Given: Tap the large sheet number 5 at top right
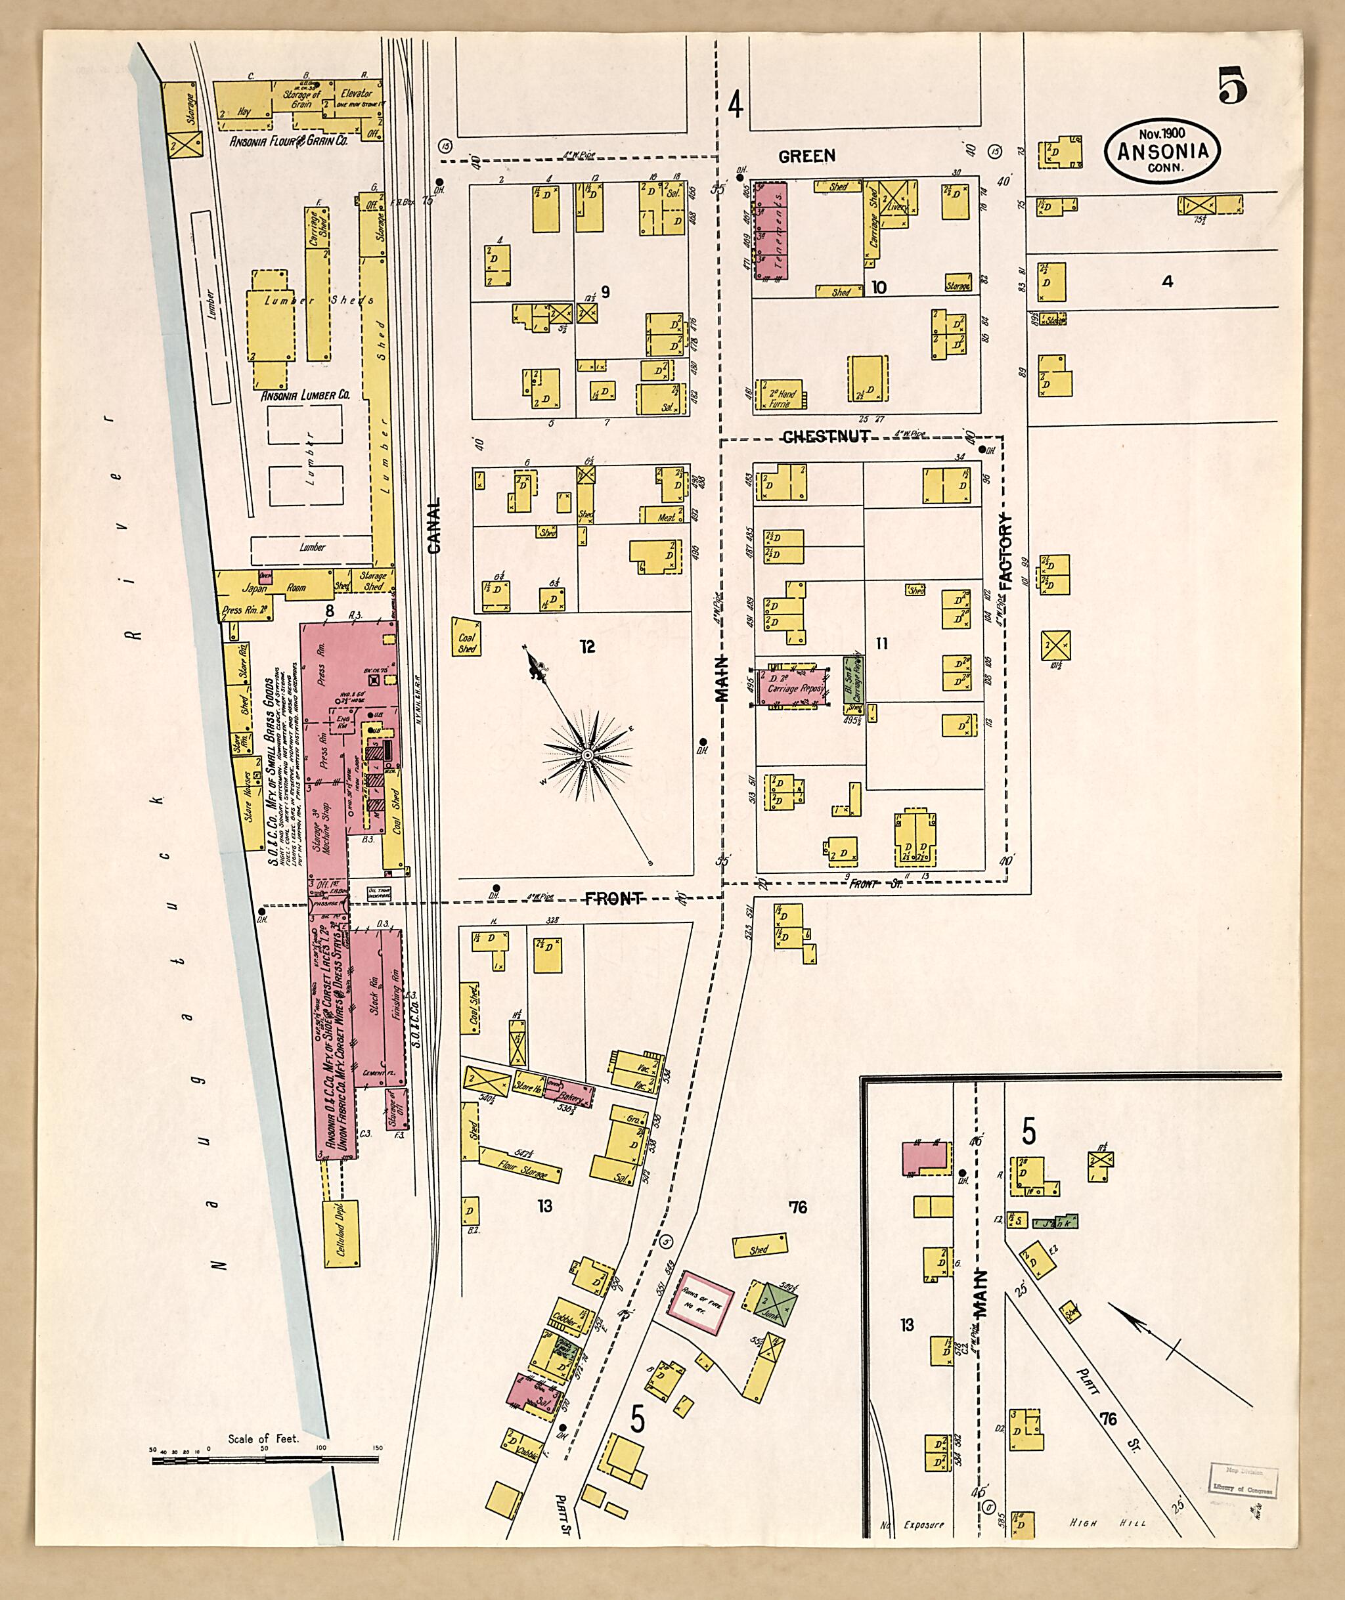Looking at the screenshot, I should tap(1232, 85).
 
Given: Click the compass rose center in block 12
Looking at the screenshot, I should tap(587, 754).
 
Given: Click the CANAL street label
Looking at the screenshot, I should tap(435, 526).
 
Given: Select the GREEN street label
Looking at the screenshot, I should tap(806, 156).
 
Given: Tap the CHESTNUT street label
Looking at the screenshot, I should tap(826, 437).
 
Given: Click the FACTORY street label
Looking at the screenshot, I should tap(1005, 553).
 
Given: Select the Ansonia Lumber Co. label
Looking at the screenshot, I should tap(305, 396).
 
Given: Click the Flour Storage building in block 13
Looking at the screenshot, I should tap(521, 1170).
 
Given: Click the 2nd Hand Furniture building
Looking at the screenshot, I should tap(781, 397).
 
